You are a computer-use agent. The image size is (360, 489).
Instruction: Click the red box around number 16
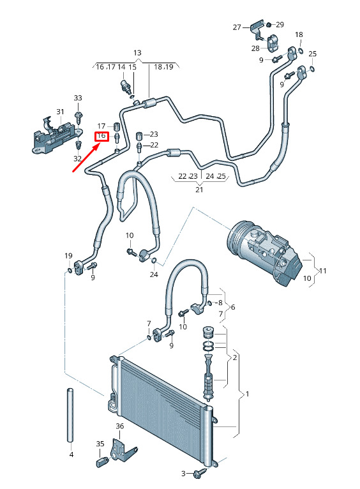(101, 136)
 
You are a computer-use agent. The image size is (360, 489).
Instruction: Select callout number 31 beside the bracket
(60, 112)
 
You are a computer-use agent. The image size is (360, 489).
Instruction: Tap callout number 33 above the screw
(78, 98)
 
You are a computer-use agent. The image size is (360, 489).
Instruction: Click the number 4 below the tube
(71, 455)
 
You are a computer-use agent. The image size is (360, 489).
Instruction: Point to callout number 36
(120, 426)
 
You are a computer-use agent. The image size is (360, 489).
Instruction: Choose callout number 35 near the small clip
(100, 444)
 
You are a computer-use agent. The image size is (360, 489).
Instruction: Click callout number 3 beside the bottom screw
(184, 474)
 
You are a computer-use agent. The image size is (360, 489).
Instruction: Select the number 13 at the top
(137, 53)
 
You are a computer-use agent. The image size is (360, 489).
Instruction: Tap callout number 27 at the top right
(237, 27)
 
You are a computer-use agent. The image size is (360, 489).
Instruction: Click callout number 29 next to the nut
(280, 25)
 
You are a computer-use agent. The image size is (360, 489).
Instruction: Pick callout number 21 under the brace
(199, 190)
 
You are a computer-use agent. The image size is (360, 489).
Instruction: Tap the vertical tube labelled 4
(70, 415)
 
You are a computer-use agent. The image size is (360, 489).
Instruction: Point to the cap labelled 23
(139, 136)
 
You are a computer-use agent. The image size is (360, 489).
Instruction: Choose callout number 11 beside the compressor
(322, 271)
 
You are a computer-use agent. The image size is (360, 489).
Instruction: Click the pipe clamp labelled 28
(272, 44)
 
